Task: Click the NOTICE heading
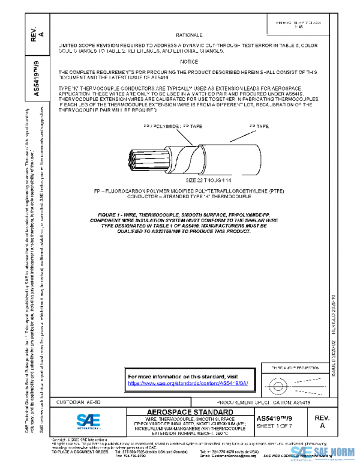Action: (x=189, y=62)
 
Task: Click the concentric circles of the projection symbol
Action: (x=277, y=383)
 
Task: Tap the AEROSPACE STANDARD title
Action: (x=182, y=412)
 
